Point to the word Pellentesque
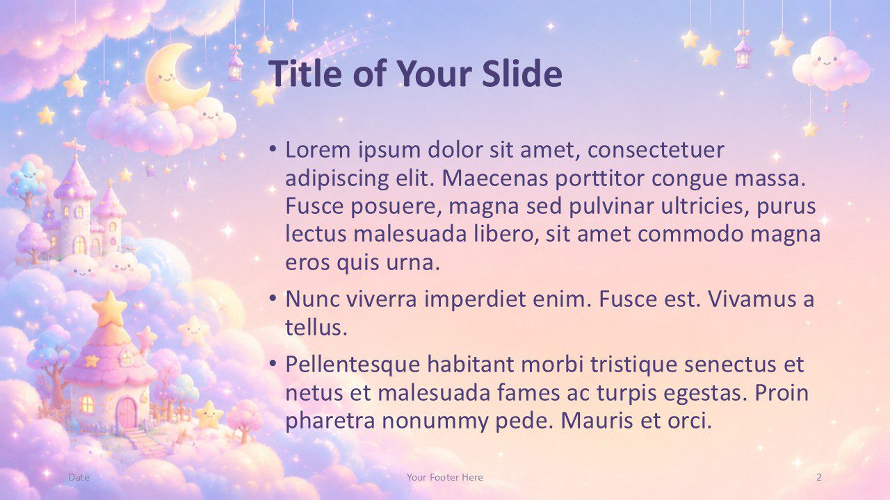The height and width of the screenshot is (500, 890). (x=353, y=365)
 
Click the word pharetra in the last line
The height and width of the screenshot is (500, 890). (x=330, y=421)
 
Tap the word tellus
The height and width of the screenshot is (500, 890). (x=316, y=327)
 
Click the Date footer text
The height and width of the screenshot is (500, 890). (x=79, y=477)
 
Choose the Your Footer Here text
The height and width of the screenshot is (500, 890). (x=444, y=477)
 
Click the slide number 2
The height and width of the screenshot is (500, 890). (x=819, y=477)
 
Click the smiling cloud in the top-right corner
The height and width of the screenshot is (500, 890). (x=830, y=64)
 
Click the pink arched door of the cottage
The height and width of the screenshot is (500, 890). (x=127, y=413)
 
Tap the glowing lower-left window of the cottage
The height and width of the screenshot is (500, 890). (x=87, y=404)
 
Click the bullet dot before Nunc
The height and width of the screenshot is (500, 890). (x=273, y=298)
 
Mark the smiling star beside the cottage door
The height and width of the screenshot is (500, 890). (x=209, y=415)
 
